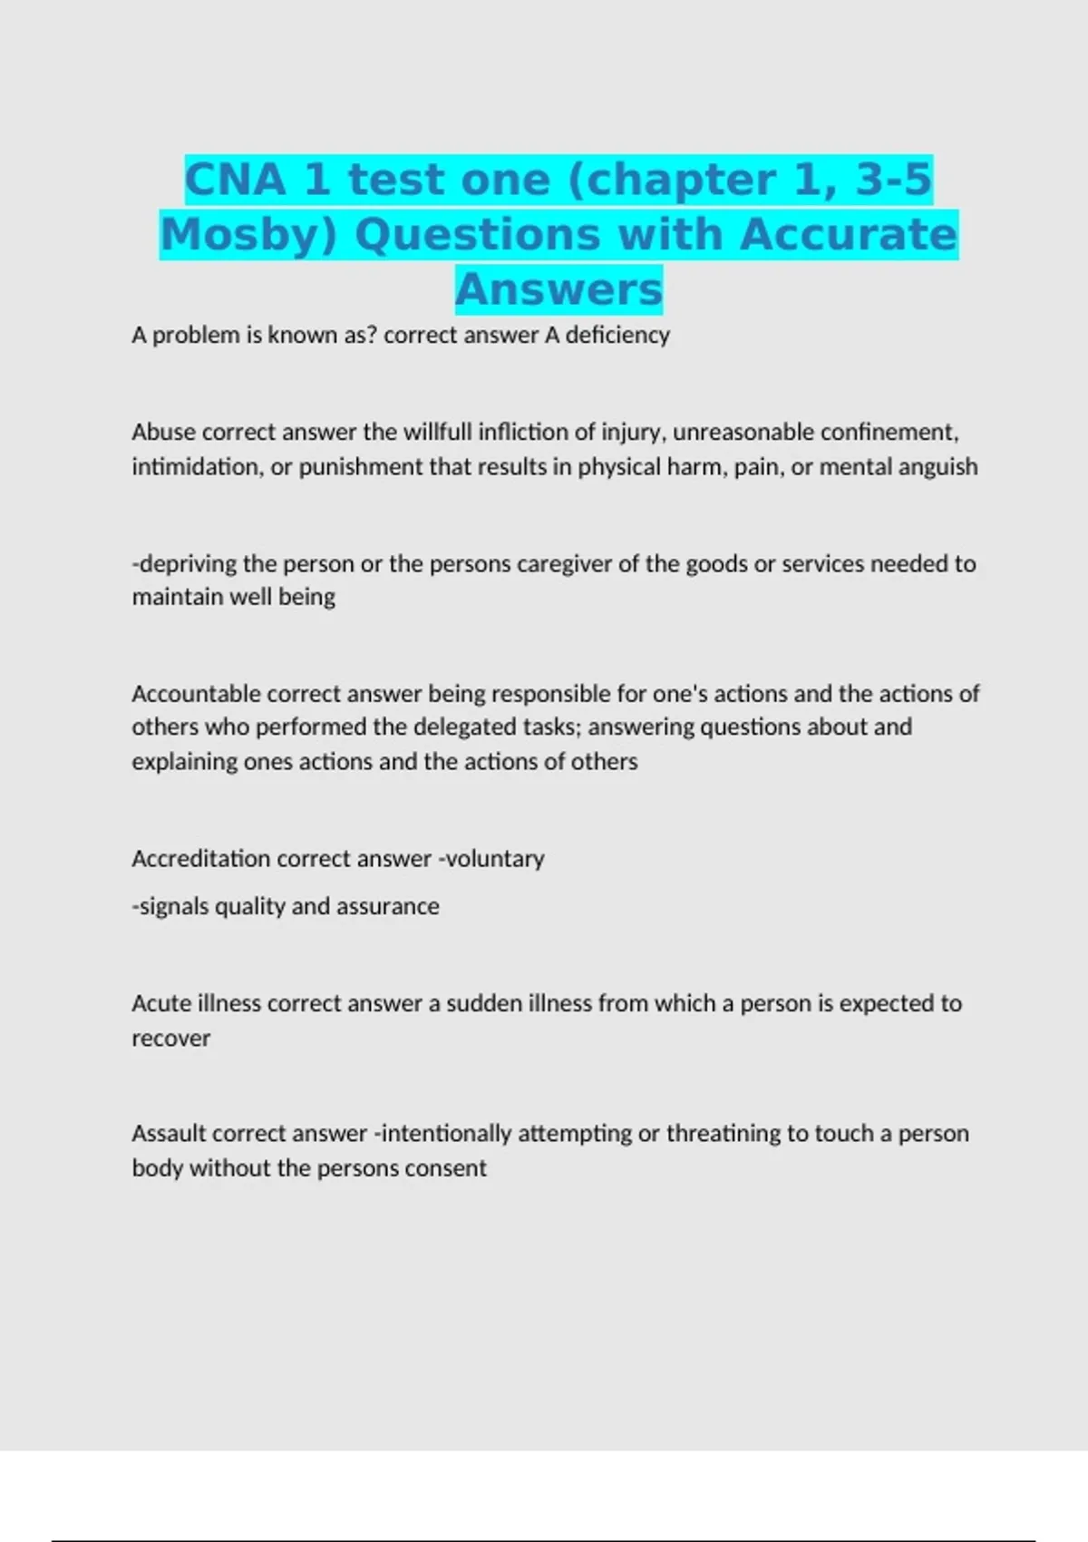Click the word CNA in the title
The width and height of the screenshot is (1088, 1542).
tap(235, 180)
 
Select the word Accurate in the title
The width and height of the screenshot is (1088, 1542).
tap(849, 234)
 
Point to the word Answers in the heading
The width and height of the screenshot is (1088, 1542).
tap(559, 289)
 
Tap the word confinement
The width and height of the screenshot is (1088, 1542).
tap(889, 433)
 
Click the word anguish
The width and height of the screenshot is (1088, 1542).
tap(935, 467)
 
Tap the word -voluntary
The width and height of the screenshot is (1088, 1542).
tap(491, 859)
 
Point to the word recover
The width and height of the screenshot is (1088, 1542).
tap(170, 1039)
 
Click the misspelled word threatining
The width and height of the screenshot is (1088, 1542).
tap(724, 1134)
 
